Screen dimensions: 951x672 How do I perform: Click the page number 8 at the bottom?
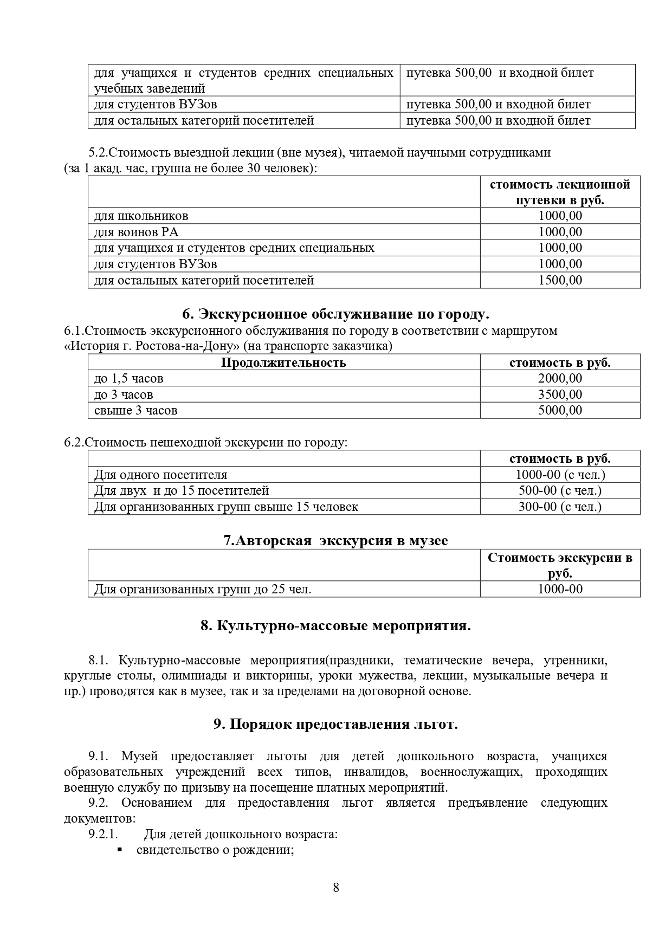click(x=336, y=888)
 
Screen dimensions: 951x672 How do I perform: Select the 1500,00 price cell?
click(x=560, y=280)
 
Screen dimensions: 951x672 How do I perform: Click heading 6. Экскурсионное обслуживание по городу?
click(x=335, y=314)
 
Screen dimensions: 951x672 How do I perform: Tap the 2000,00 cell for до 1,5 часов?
click(x=560, y=378)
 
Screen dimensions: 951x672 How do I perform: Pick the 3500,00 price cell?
click(x=560, y=394)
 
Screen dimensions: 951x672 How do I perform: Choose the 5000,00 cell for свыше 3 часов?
click(x=560, y=410)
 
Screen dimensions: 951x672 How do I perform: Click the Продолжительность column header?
click(x=283, y=363)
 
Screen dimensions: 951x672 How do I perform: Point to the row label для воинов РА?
click(x=136, y=232)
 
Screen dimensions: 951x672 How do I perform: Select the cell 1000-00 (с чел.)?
click(x=560, y=475)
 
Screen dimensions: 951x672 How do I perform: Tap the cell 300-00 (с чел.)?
click(x=560, y=507)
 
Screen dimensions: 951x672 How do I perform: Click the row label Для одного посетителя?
click(x=160, y=475)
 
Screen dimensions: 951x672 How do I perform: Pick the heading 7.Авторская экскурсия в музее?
click(x=335, y=541)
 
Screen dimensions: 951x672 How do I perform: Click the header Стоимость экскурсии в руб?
click(x=560, y=565)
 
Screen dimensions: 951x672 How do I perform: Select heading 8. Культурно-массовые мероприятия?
click(x=335, y=626)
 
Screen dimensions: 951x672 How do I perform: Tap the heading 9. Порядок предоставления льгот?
click(x=335, y=724)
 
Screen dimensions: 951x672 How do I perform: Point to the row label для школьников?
click(x=141, y=216)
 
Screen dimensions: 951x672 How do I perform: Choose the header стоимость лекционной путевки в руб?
click(x=560, y=192)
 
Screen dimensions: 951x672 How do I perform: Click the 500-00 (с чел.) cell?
click(x=560, y=490)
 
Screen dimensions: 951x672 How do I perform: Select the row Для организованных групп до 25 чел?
click(x=203, y=589)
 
